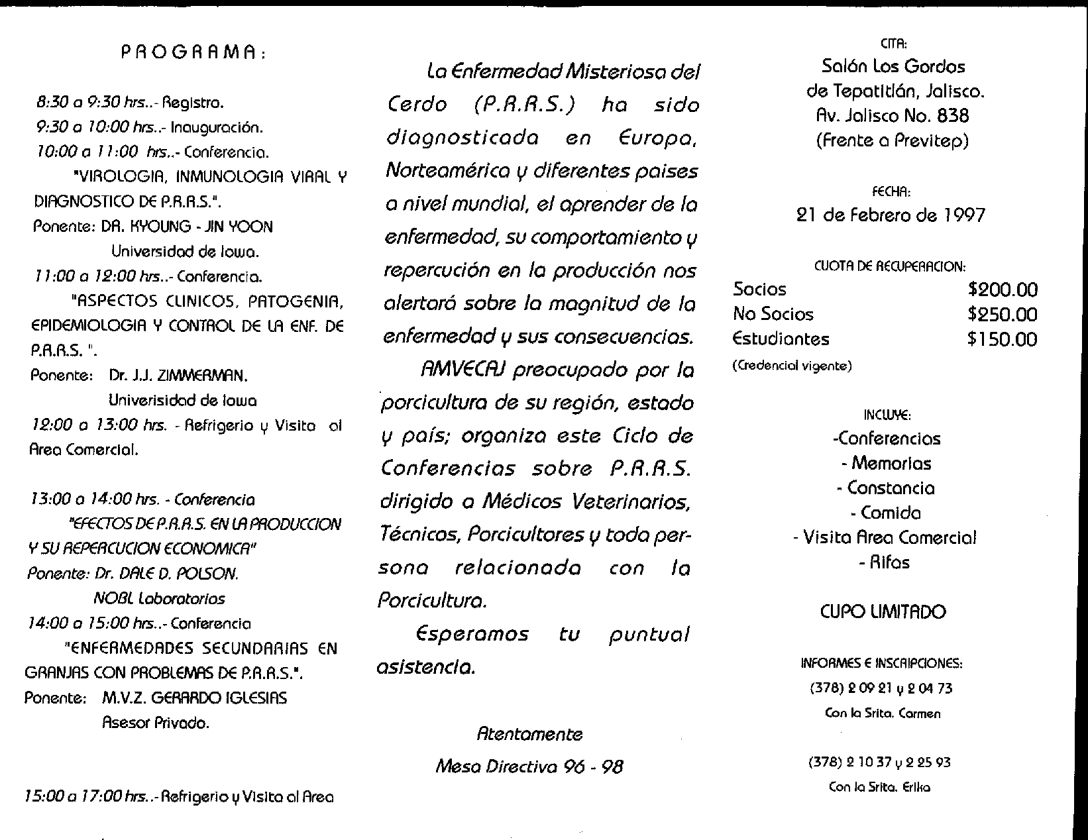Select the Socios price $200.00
pyautogui.click(x=1002, y=289)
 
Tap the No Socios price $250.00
pyautogui.click(x=1002, y=315)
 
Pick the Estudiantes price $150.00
pyautogui.click(x=1002, y=339)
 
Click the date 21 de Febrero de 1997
pyautogui.click(x=890, y=215)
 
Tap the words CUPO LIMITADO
pyautogui.click(x=883, y=611)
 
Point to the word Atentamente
pyautogui.click(x=529, y=734)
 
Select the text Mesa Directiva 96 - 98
pyautogui.click(x=529, y=766)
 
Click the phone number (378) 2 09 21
pyautogui.click(x=850, y=689)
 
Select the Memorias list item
pyautogui.click(x=891, y=464)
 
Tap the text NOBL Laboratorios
pyautogui.click(x=159, y=599)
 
